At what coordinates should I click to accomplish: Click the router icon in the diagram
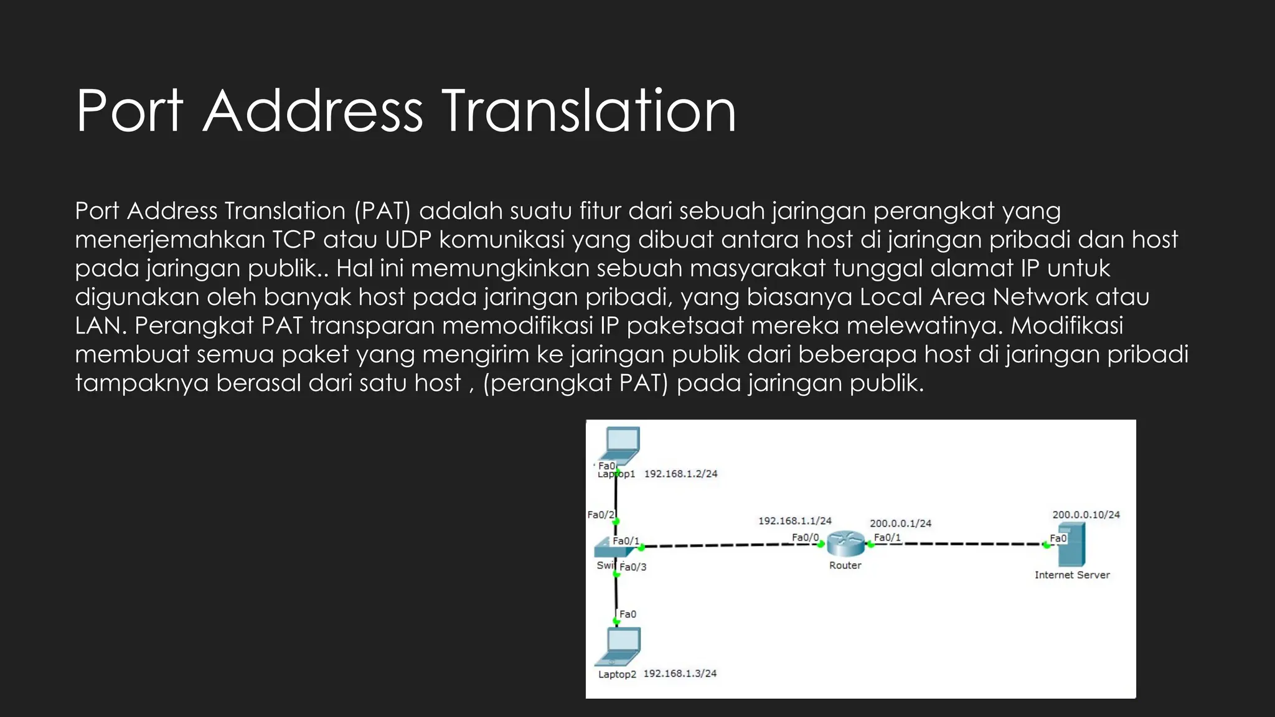(845, 544)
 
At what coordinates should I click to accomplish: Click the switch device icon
(605, 548)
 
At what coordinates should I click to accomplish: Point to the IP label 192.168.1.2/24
(680, 474)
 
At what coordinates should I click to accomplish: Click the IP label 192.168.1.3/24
(680, 673)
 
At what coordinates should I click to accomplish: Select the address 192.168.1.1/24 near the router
(794, 521)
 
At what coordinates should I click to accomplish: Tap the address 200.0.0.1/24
(900, 523)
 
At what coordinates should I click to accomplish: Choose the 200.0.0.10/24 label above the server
(1086, 515)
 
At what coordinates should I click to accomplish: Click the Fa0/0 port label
(805, 537)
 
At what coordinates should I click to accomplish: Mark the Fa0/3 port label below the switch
(633, 567)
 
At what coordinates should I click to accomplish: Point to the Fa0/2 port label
(601, 515)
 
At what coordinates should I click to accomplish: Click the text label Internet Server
(1072, 575)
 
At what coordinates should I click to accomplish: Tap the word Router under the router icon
(845, 565)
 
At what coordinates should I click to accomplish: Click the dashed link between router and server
(959, 544)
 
